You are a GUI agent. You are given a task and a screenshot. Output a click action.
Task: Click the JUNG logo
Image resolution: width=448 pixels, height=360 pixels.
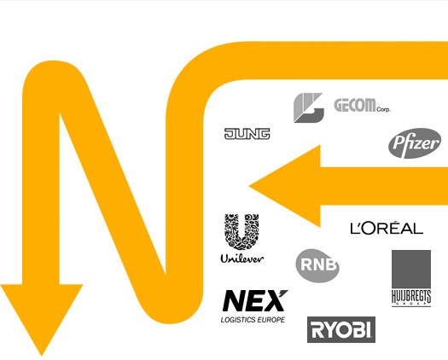click(x=247, y=134)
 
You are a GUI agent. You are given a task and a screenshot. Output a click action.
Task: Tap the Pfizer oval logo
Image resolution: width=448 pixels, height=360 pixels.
click(x=414, y=143)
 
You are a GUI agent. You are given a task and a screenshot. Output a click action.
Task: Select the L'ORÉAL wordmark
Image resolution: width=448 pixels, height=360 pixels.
click(x=387, y=228)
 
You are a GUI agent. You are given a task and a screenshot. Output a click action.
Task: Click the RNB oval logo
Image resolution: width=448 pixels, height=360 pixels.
click(x=317, y=265)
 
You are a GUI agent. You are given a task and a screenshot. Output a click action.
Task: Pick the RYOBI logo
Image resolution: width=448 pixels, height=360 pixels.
click(x=341, y=329)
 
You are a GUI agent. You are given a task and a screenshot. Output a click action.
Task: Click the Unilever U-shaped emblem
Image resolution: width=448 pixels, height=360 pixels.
click(x=241, y=232)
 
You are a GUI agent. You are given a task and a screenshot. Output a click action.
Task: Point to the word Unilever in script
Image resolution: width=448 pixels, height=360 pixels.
click(x=241, y=258)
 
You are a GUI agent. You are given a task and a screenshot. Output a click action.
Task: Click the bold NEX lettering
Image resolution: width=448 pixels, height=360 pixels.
click(x=255, y=301)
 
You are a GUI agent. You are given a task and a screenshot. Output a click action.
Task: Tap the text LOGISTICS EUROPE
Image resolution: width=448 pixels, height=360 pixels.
click(x=253, y=320)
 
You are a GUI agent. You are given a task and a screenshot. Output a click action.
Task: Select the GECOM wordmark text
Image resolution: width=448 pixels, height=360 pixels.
click(x=355, y=105)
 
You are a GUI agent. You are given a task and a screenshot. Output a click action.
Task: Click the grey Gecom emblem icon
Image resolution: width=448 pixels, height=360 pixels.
click(x=309, y=107)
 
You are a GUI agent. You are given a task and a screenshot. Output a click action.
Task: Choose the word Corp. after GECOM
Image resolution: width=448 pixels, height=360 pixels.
click(x=384, y=109)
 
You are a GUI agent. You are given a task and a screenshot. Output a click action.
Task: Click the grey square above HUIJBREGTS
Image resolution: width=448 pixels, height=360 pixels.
click(x=411, y=269)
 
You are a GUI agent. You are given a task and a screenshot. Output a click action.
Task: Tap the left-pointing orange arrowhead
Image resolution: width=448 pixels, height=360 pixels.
click(x=285, y=186)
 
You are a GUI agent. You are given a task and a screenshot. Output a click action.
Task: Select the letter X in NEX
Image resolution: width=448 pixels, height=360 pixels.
click(x=276, y=301)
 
